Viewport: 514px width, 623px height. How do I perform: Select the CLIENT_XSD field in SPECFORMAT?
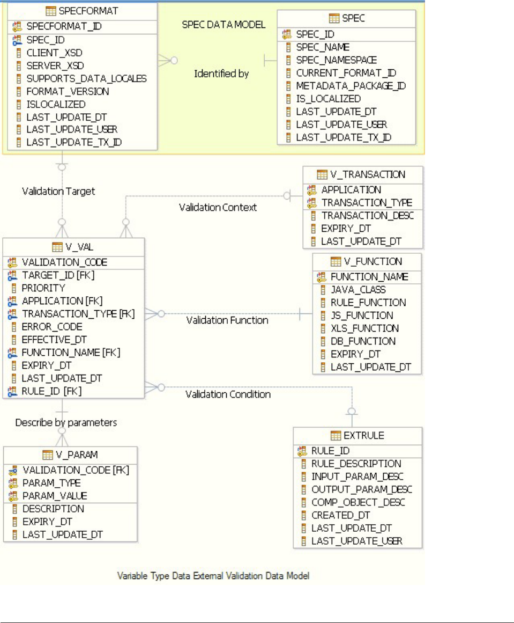point(55,53)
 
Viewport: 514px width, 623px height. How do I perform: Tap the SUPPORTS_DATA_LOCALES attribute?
point(86,78)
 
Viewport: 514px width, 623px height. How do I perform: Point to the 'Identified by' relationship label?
point(221,74)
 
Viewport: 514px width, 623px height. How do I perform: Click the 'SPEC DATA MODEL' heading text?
point(224,25)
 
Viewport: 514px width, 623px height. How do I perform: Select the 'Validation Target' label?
point(58,191)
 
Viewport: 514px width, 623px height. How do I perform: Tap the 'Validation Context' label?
point(218,207)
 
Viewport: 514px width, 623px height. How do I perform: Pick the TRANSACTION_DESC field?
point(368,216)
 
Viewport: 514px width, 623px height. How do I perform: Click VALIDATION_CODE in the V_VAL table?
point(64,262)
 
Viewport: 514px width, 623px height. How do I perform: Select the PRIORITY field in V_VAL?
point(43,288)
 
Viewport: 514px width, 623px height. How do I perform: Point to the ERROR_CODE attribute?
point(52,327)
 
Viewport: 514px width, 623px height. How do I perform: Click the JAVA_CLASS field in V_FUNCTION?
point(358,290)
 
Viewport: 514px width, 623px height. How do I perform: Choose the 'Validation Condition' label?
point(228,394)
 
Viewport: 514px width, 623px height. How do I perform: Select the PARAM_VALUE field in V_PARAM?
point(55,496)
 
